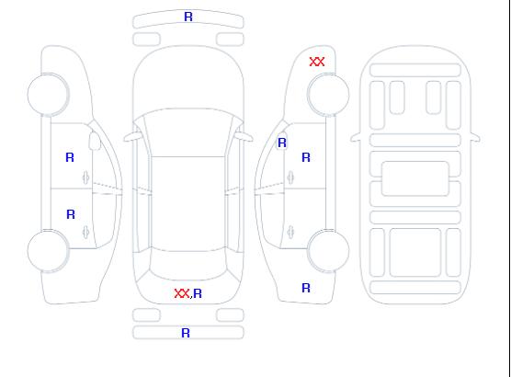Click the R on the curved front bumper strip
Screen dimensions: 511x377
click(188, 17)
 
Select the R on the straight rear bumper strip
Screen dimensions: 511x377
click(186, 333)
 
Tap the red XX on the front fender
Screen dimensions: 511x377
click(317, 62)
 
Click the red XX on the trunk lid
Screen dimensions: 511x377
click(182, 293)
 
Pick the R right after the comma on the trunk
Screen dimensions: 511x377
click(198, 293)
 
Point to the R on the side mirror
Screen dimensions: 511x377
click(282, 143)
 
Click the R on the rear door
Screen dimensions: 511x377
click(71, 214)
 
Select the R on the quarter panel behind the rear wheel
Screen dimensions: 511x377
click(306, 288)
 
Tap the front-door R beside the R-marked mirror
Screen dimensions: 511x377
click(306, 157)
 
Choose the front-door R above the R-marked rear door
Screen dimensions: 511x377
click(70, 157)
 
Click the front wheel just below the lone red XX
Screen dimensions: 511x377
click(328, 95)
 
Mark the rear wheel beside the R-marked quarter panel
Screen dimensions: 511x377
click(328, 250)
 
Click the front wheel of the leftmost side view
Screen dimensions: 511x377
click(48, 95)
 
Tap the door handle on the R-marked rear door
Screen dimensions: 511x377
click(86, 232)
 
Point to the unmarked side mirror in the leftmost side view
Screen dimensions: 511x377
click(95, 141)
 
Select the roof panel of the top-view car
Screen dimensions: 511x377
click(188, 204)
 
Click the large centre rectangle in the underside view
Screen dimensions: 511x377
click(415, 178)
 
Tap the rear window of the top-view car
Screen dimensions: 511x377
click(188, 265)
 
